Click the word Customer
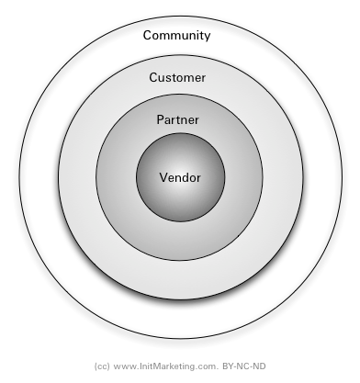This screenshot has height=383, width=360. point(177,77)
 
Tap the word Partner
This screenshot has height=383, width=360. point(177,120)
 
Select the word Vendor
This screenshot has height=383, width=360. point(179,177)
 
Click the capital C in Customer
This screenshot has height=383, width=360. point(154,77)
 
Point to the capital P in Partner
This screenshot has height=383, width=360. point(161,120)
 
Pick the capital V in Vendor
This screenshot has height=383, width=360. point(163,177)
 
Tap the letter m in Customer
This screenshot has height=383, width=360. point(188,78)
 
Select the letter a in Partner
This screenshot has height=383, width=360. point(168,121)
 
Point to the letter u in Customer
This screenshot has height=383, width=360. point(163,78)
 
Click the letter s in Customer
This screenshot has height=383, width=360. point(170,78)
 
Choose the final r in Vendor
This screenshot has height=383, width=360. point(197,178)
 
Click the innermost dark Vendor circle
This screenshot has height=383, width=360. point(179,197)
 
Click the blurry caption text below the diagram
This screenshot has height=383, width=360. point(180,368)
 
